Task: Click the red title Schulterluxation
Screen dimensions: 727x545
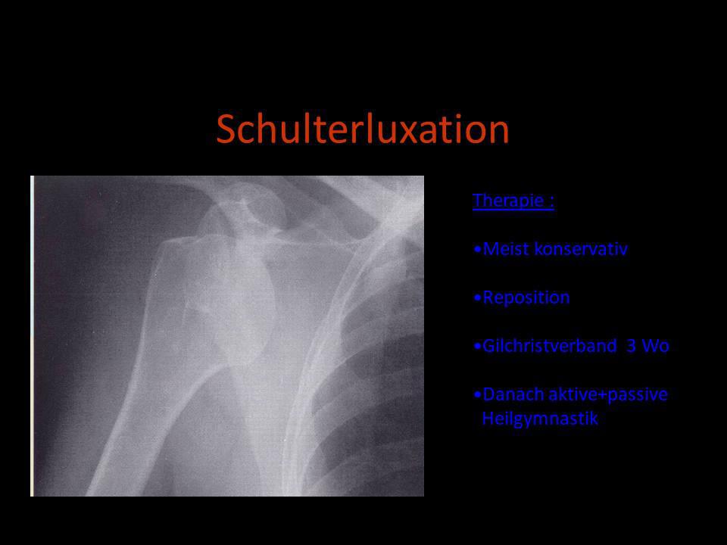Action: (363, 129)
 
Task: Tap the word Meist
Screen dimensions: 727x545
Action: (506, 249)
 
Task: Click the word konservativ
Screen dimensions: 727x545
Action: (581, 249)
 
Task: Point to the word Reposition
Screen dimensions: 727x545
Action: (526, 297)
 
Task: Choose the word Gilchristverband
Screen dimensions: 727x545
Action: (550, 346)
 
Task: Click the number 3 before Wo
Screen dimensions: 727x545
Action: (631, 346)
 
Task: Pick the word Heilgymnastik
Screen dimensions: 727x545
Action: (540, 419)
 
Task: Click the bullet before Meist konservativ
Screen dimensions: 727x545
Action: (478, 249)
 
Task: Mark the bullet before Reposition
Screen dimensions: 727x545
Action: (478, 297)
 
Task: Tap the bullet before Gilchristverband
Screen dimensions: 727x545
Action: (478, 346)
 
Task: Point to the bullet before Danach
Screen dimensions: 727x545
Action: (478, 394)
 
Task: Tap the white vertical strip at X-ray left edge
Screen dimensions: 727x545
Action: (32, 336)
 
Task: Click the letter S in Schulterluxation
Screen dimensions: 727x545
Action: (226, 129)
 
